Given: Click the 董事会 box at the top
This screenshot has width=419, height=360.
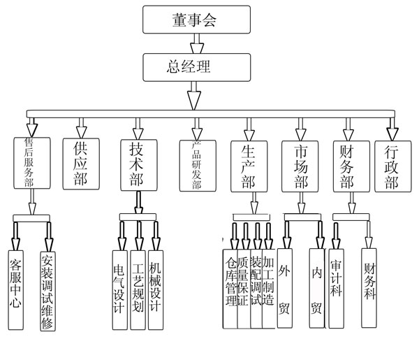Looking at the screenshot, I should [196, 20].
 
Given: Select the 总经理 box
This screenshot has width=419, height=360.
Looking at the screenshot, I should [196, 66].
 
